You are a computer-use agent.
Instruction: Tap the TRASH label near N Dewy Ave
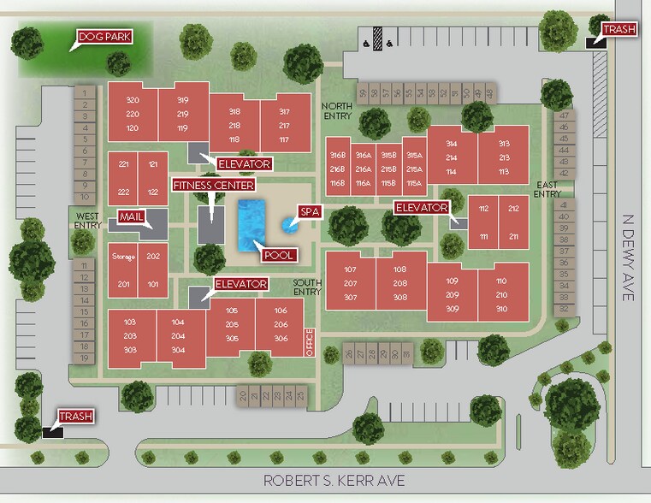(618, 29)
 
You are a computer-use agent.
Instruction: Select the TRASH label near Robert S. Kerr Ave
(75, 417)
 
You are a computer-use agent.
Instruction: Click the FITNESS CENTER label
(213, 185)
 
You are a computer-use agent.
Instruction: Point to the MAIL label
(131, 216)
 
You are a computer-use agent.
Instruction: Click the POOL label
(280, 254)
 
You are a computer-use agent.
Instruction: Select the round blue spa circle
(288, 226)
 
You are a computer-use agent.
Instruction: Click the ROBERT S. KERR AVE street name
(334, 482)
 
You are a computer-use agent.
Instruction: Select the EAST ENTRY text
(546, 189)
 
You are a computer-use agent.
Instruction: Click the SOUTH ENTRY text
(306, 287)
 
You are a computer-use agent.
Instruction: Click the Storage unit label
(124, 256)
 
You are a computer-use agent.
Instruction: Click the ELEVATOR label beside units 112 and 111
(422, 208)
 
